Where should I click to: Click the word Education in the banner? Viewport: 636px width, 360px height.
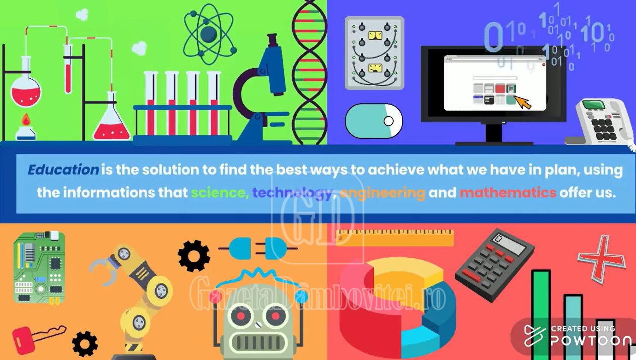(63, 170)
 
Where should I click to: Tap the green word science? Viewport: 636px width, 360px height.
(218, 193)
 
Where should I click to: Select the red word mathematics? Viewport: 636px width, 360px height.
(508, 193)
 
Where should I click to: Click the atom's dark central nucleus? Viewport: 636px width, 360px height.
(208, 34)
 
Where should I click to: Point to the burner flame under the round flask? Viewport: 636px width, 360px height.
(26, 119)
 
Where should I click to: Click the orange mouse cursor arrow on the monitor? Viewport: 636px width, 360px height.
(523, 102)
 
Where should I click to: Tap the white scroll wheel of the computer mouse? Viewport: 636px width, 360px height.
(389, 121)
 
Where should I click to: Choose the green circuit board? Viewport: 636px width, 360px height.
(39, 267)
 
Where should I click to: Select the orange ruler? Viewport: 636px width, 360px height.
(395, 237)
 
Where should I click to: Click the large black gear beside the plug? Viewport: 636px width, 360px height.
(194, 255)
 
